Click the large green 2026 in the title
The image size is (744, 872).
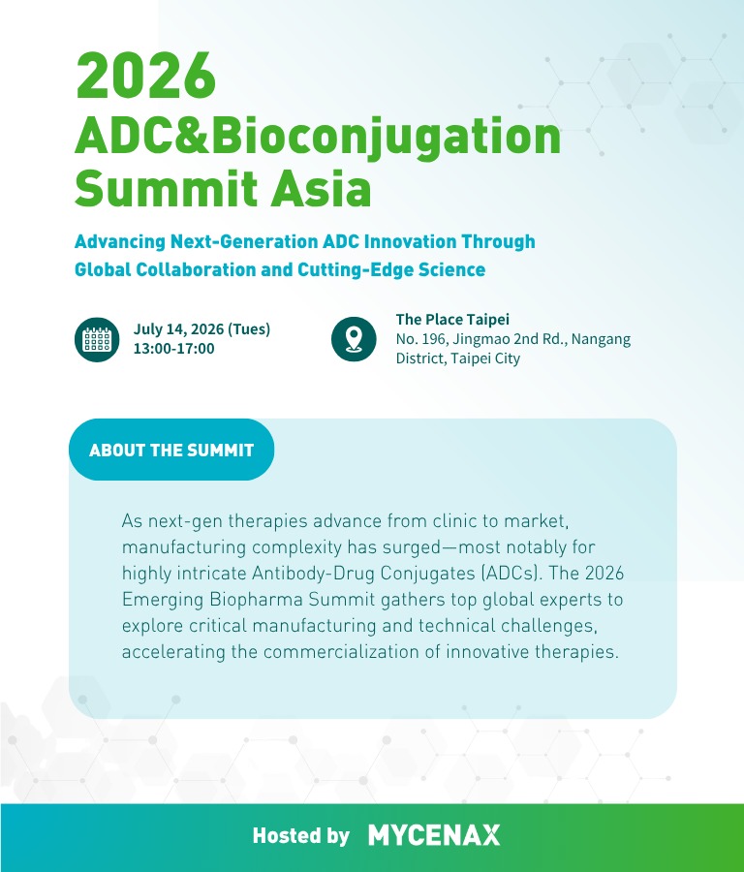click(145, 76)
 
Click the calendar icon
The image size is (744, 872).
click(97, 339)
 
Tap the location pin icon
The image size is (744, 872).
click(354, 339)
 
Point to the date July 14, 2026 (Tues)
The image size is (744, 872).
click(201, 329)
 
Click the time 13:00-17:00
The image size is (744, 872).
click(173, 349)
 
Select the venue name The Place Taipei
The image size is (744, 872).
click(452, 319)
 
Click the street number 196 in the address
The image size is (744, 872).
click(435, 339)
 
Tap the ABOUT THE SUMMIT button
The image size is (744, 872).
click(171, 450)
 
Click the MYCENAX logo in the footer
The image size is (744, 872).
click(434, 835)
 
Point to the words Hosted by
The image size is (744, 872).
click(301, 835)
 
